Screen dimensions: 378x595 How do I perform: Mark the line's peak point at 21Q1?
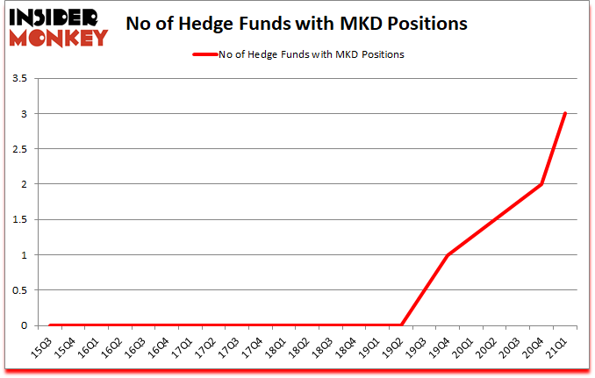pos(566,113)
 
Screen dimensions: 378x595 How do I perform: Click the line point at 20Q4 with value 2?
pos(542,184)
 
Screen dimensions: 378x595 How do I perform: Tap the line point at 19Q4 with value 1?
pos(448,255)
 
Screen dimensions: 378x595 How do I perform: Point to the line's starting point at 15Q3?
pos(51,325)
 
